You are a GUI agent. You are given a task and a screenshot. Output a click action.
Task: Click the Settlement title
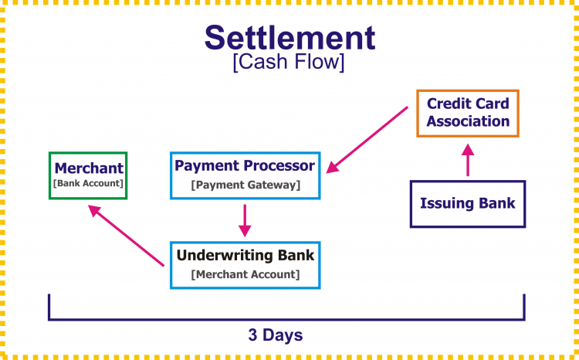click(289, 36)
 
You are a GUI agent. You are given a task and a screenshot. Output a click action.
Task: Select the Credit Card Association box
click(468, 113)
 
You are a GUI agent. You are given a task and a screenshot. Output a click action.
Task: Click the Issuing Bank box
click(467, 204)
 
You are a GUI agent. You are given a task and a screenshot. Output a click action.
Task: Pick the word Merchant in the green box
click(88, 168)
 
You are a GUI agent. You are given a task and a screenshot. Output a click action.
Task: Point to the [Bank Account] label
click(88, 183)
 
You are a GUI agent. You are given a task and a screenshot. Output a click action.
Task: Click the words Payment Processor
click(245, 165)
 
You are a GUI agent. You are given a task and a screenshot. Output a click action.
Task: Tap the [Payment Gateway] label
click(245, 185)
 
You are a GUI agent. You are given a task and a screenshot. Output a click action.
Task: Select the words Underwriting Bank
click(245, 255)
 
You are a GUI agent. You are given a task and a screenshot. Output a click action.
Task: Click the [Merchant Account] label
click(245, 273)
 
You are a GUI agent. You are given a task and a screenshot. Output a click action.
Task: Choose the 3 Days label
click(275, 335)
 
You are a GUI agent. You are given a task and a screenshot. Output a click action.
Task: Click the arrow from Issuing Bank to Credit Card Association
click(467, 161)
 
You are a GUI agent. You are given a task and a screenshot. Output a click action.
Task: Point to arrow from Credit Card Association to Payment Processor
click(367, 140)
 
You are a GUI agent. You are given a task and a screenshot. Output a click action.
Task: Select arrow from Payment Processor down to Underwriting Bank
click(245, 219)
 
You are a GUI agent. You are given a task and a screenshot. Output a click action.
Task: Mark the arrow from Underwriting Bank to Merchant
click(127, 236)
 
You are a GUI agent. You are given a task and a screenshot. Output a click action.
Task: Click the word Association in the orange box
click(468, 121)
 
